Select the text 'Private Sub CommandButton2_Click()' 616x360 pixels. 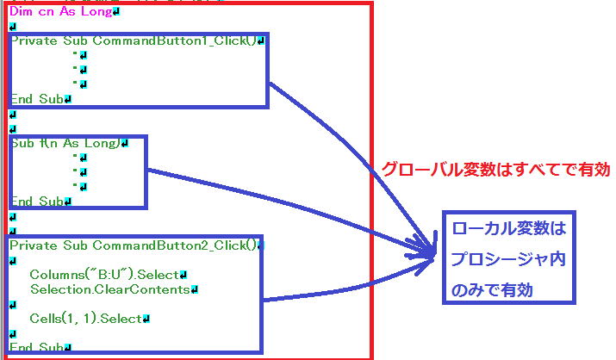coord(134,245)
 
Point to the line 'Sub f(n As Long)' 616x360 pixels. coord(65,144)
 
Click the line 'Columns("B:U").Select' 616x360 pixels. coord(104,275)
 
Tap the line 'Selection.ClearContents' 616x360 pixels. coord(109,289)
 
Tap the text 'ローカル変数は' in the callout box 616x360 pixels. coord(509,231)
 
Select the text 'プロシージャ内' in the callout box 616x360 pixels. coord(509,260)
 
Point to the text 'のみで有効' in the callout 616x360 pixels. coord(492,290)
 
